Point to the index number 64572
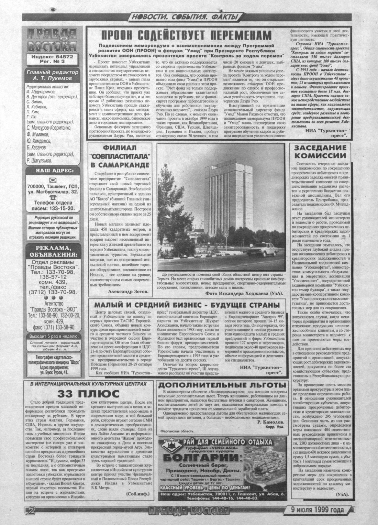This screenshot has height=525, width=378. tap(65, 56)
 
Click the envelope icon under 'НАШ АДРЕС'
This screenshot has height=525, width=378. tap(52, 180)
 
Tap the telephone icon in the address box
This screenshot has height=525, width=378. tap(52, 197)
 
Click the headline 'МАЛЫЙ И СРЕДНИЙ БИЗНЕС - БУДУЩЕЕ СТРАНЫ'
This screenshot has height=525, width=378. tap(187, 305)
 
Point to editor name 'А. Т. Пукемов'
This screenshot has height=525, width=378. tap(52, 78)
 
